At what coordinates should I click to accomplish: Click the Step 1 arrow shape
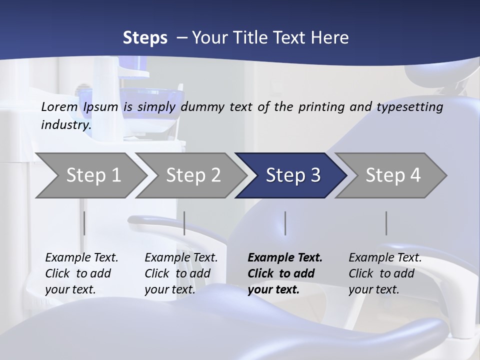(x=90, y=175)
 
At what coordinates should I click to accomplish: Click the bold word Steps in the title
(x=145, y=38)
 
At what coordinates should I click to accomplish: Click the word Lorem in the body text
(x=59, y=106)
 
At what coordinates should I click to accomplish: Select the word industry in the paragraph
(x=66, y=125)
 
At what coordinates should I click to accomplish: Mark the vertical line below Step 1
(x=84, y=223)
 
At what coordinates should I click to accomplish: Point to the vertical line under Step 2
(x=184, y=223)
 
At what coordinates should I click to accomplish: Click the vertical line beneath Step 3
(x=285, y=223)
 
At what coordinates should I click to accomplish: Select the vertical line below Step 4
(x=386, y=223)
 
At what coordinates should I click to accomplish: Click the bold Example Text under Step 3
(x=285, y=258)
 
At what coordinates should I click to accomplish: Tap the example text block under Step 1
(x=81, y=273)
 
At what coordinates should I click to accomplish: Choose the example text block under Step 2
(x=181, y=273)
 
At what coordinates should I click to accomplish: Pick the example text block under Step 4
(x=385, y=273)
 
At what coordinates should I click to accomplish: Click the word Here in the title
(x=331, y=38)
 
